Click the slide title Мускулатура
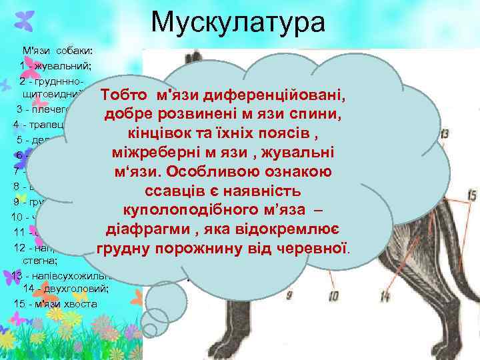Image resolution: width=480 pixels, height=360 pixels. (238, 23)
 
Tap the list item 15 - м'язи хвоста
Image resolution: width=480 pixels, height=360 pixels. (55, 304)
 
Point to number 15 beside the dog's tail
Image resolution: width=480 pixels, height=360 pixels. (471, 196)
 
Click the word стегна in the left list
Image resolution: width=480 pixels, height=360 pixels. (36, 261)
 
